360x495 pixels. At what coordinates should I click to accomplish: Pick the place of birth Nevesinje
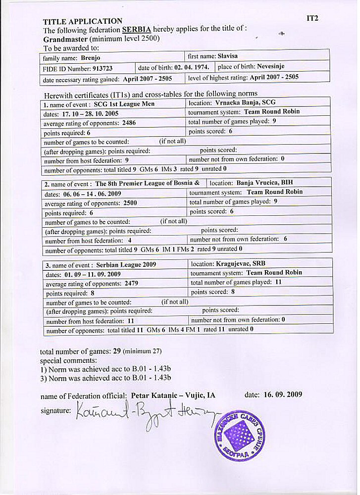tap(268, 66)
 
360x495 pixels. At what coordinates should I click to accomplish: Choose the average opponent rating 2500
tap(130, 203)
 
